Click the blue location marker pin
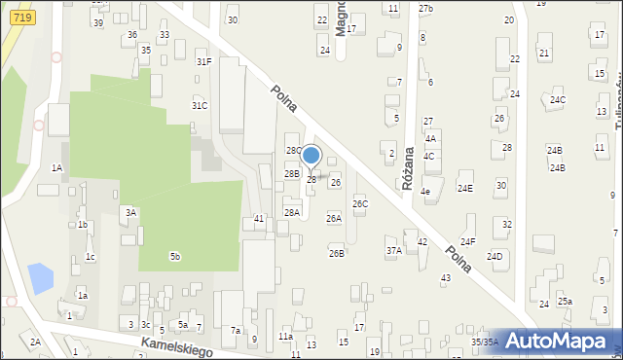(311, 156)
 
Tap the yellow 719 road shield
(24, 18)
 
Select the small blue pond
(41, 278)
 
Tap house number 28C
(294, 151)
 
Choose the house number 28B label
(291, 173)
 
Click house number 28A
(291, 212)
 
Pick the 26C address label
(360, 204)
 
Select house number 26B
(336, 253)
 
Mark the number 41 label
(259, 219)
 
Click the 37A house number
(393, 250)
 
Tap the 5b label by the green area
(175, 256)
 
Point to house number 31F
(203, 61)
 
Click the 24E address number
(465, 189)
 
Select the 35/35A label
(485, 342)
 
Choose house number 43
(446, 278)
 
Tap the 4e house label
(425, 192)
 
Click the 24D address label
(495, 256)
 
